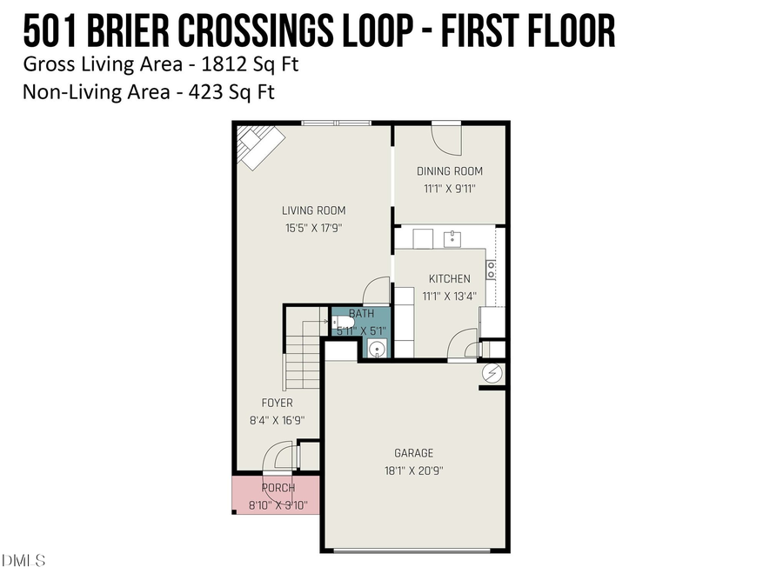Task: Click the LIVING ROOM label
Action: pyautogui.click(x=313, y=210)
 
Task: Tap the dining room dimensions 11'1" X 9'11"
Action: pyautogui.click(x=449, y=188)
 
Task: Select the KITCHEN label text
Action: pyautogui.click(x=449, y=278)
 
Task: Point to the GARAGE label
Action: pyautogui.click(x=413, y=452)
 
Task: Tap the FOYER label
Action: pyautogui.click(x=277, y=403)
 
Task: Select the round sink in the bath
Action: pyautogui.click(x=377, y=349)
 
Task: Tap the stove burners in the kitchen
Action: pyautogui.click(x=491, y=270)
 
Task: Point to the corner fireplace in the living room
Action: pyautogui.click(x=259, y=144)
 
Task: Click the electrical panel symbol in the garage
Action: pyautogui.click(x=492, y=373)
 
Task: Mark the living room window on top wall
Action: pyautogui.click(x=337, y=123)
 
